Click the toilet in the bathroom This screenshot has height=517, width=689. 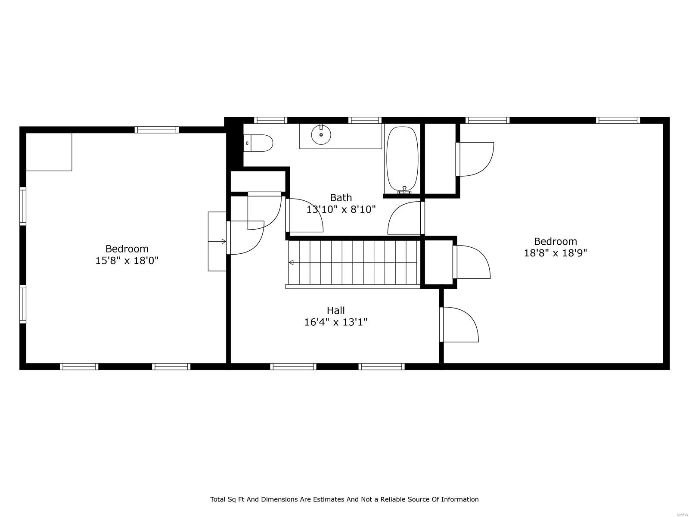click(x=259, y=143)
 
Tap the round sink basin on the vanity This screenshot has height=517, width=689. click(x=321, y=134)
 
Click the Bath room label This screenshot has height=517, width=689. click(x=341, y=198)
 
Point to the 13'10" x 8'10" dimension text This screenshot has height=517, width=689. click(x=341, y=210)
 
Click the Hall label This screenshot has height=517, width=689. click(x=335, y=310)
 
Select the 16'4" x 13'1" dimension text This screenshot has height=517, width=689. click(x=335, y=322)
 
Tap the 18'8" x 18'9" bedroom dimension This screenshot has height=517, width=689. click(x=555, y=253)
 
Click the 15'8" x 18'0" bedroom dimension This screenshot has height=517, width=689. click(x=127, y=261)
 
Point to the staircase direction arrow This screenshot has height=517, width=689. click(x=292, y=262)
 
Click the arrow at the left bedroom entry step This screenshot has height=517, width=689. click(x=223, y=242)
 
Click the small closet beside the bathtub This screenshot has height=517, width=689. click(x=440, y=159)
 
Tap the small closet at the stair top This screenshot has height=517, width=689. click(x=438, y=262)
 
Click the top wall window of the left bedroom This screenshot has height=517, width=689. click(x=156, y=130)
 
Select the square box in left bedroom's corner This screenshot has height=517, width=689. click(x=49, y=152)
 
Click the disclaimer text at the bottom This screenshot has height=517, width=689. click(x=344, y=499)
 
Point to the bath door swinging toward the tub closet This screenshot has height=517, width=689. click(x=405, y=219)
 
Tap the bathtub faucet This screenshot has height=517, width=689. click(x=404, y=189)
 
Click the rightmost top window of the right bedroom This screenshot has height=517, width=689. click(x=618, y=120)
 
